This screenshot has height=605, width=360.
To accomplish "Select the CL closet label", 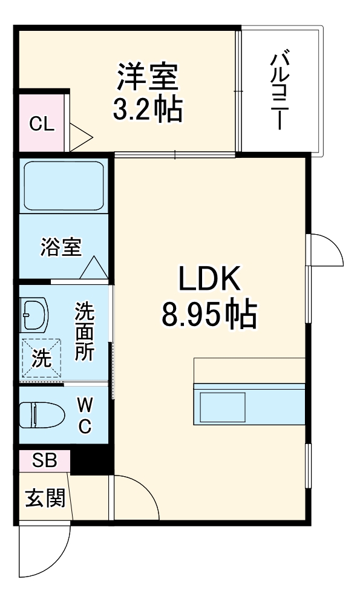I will click(42, 124).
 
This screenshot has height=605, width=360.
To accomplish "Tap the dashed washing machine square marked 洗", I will click(41, 359).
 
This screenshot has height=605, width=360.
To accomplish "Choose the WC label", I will click(85, 414).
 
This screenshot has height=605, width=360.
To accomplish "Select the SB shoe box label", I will click(44, 460).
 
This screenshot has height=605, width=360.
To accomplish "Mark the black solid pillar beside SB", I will click(91, 459).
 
